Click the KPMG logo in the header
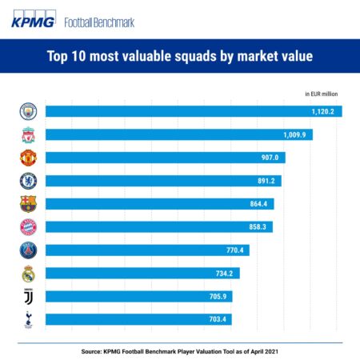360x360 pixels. tap(33, 22)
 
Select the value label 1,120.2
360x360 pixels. tap(322, 111)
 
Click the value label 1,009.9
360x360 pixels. tap(293, 134)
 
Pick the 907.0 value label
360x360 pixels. tap(268, 158)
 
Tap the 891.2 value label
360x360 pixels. tap(264, 181)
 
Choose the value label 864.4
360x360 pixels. tap(257, 204)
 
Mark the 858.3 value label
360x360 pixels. tap(255, 227)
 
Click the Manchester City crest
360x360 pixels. tap(28, 111)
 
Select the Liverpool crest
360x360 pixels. tap(28, 134)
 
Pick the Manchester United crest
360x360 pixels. tap(28, 158)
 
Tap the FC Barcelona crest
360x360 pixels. tap(28, 204)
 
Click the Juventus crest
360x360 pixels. tap(28, 297)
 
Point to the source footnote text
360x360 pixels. tap(179, 350)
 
